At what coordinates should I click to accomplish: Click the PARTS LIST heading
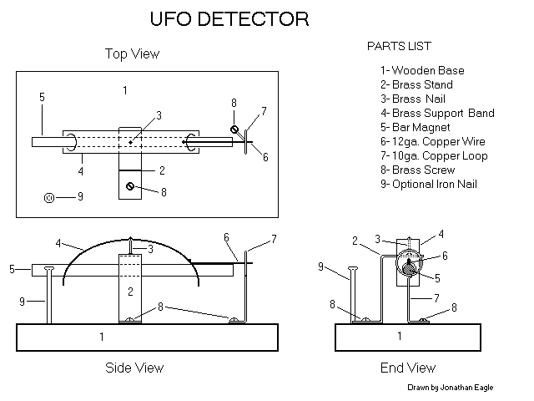pos(399,45)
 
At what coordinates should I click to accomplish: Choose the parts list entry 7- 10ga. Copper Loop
pos(434,155)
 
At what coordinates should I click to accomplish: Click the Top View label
pos(132,54)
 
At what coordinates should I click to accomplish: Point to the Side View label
pos(134,368)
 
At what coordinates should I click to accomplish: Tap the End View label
pos(408,368)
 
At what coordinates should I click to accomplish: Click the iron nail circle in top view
pos(49,198)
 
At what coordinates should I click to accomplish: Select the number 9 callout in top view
pos(80,197)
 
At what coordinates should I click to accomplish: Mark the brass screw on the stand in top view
pos(130,186)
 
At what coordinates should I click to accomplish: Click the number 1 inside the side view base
pos(102,337)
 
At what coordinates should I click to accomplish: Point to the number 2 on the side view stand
pos(130,292)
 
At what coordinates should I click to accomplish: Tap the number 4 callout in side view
pos(58,244)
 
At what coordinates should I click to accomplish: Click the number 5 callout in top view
pos(41,98)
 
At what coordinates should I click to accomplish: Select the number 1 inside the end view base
pos(399,337)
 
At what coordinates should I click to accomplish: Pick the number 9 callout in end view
pos(321,266)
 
